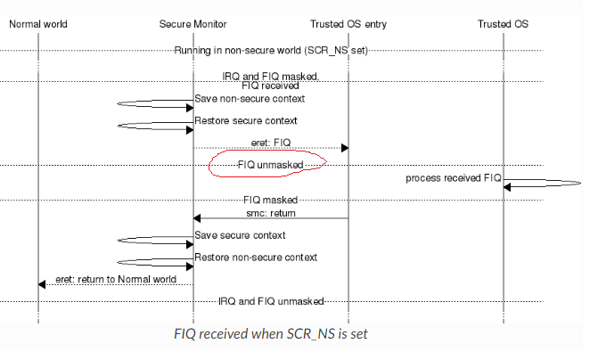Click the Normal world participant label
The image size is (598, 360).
pyautogui.click(x=38, y=24)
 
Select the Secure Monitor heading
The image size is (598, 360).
pyautogui.click(x=193, y=24)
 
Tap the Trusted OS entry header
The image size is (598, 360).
pyautogui.click(x=348, y=24)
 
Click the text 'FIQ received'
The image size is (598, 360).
pyautogui.click(x=270, y=86)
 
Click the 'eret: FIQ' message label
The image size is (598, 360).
pyautogui.click(x=270, y=142)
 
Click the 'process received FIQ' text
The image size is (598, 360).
pyautogui.click(x=454, y=178)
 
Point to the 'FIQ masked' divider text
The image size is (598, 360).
pyautogui.click(x=270, y=200)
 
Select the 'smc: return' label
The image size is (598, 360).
pyautogui.click(x=271, y=213)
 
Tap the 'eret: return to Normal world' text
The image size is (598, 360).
pyautogui.click(x=115, y=279)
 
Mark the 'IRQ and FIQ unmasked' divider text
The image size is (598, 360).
pyautogui.click(x=271, y=301)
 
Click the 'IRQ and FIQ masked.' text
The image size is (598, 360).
pyautogui.click(x=270, y=77)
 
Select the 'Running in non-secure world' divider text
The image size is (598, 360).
pyautogui.click(x=270, y=50)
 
